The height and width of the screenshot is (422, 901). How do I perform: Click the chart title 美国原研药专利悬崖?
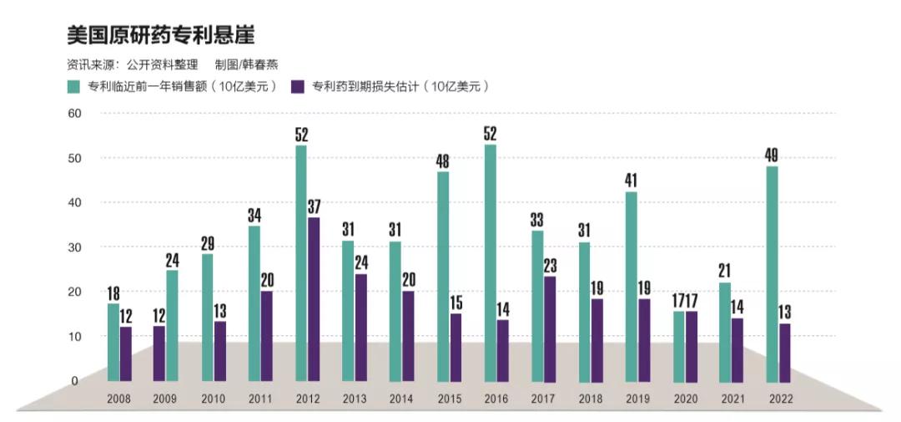coord(160,34)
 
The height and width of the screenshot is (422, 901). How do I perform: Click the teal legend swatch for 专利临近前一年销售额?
coord(73,87)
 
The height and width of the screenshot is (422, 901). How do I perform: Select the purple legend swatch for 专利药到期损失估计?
coord(297,87)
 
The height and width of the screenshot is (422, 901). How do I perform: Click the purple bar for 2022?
coord(785,351)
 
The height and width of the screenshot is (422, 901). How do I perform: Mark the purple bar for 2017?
coord(549,326)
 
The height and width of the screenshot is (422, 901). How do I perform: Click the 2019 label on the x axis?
coord(637,399)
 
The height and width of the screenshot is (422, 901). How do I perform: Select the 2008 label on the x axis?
coord(118,399)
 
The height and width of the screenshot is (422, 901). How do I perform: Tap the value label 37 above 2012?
coord(314,206)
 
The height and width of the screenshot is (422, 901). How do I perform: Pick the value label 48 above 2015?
coord(443,161)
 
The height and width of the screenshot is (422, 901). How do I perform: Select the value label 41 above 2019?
coord(632,180)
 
